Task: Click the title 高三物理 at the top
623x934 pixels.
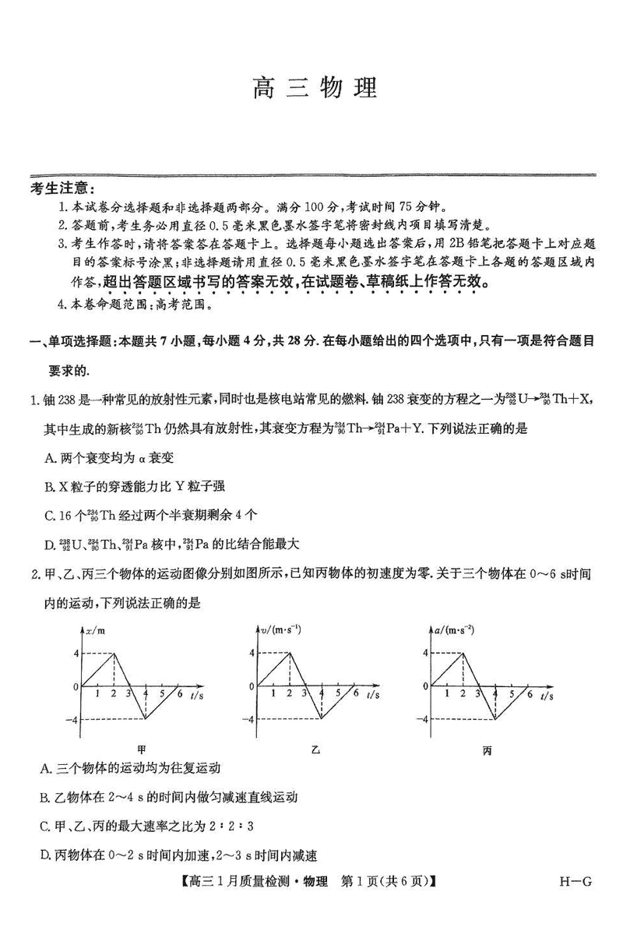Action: pos(315,87)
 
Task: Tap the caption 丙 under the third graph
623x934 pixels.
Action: pos(487,751)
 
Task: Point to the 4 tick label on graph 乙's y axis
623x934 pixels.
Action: pos(252,653)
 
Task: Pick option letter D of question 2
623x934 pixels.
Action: pos(45,855)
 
